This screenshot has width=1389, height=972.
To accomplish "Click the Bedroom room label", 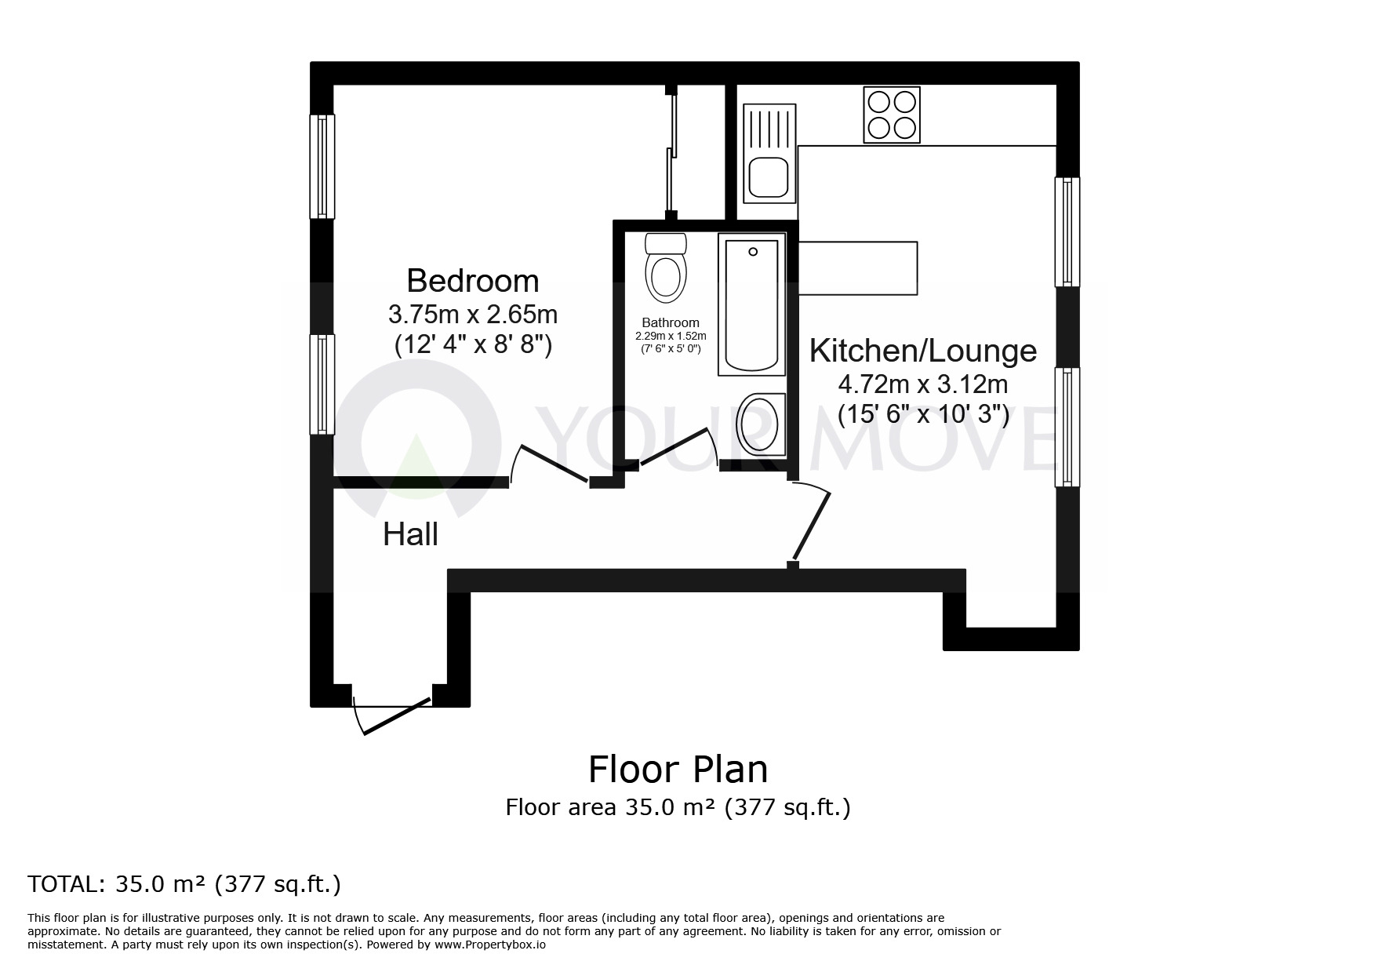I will tap(472, 281).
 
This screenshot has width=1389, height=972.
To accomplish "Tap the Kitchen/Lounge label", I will tap(922, 351).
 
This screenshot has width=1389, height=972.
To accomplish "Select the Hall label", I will tap(410, 535).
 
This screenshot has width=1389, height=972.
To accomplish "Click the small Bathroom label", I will tap(670, 322).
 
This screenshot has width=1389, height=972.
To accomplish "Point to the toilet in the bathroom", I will tap(665, 269).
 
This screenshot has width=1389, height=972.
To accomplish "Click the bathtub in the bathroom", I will tap(751, 306).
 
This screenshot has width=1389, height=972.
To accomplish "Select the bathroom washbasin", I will tap(759, 424).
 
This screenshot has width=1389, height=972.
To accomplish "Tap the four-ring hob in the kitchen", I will tap(891, 115).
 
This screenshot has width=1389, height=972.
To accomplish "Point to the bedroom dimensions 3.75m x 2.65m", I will tap(472, 315).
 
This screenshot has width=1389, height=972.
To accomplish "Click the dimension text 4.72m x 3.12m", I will tap(922, 384).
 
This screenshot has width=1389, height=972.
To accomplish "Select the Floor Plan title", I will tap(678, 770).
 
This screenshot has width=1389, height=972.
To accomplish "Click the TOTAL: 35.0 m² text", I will tap(184, 884).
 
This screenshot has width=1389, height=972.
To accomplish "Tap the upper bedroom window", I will tap(322, 166).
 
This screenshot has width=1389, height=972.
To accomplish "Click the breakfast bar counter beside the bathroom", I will tap(857, 268).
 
